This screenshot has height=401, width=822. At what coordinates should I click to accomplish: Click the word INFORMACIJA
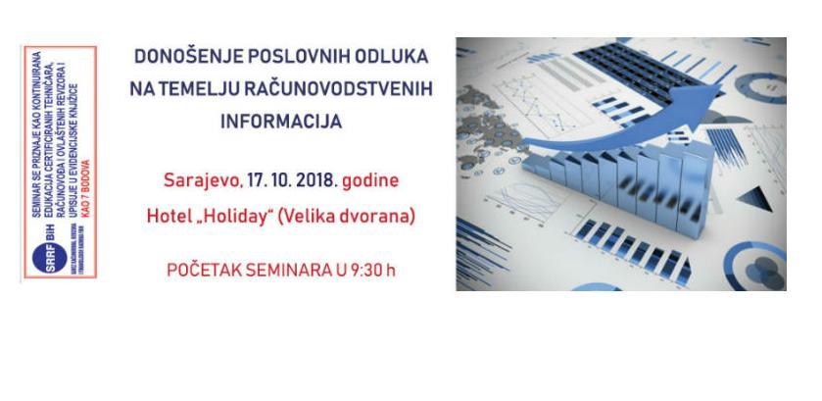point(280,123)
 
